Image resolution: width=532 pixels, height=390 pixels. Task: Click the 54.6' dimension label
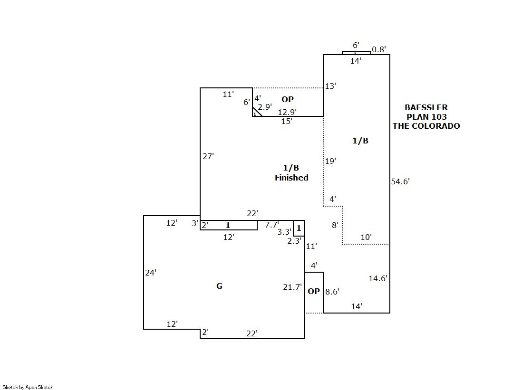[x=400, y=181]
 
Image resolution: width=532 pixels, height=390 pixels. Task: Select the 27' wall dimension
[x=208, y=156]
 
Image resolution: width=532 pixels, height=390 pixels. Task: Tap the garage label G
[x=219, y=286]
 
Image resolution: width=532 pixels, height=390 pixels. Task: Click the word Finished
[x=291, y=178]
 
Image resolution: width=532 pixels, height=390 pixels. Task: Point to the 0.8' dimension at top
[x=379, y=49]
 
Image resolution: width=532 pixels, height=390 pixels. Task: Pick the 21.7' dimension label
[x=292, y=286]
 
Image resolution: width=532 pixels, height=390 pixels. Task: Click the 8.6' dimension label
[x=332, y=292]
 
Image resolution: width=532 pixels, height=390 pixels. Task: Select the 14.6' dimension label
[x=378, y=278]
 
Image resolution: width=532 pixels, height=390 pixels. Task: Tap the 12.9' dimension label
[x=287, y=112]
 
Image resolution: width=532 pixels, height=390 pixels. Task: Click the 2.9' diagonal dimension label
[x=265, y=107]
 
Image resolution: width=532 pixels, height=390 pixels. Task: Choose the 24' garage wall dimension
[x=151, y=273]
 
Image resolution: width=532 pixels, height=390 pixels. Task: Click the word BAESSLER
[x=426, y=108]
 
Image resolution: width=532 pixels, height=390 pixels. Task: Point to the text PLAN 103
[x=426, y=117]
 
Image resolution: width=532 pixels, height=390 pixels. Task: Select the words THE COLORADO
[x=426, y=126]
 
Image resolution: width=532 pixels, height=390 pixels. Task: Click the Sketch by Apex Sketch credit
[x=28, y=387]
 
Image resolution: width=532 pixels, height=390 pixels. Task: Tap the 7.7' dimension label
[x=272, y=225]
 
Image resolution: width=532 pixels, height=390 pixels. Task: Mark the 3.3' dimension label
[x=284, y=232]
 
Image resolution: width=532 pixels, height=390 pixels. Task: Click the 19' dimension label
[x=330, y=161]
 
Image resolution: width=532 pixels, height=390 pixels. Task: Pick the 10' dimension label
[x=366, y=237]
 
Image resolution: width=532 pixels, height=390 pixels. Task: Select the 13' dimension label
[x=330, y=86]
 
